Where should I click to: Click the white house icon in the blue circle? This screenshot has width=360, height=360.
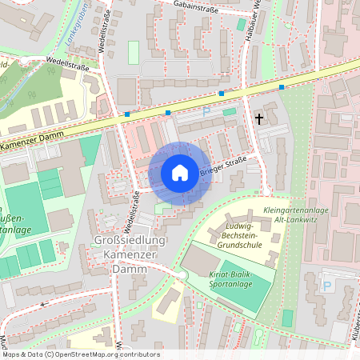pyautogui.click(x=180, y=172)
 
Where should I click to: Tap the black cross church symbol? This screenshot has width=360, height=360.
pyautogui.click(x=258, y=119)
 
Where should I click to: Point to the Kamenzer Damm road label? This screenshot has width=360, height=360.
pyautogui.click(x=32, y=144)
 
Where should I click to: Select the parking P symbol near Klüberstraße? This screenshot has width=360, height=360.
pyautogui.click(x=327, y=285)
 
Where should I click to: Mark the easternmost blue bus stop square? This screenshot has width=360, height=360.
pyautogui.click(x=282, y=86)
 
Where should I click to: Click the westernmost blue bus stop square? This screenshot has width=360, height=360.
pyautogui.click(x=126, y=115)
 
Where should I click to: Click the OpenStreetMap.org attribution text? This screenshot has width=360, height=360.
pyautogui.click(x=104, y=354)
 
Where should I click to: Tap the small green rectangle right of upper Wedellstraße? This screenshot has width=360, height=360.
pyautogui.click(x=133, y=52)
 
